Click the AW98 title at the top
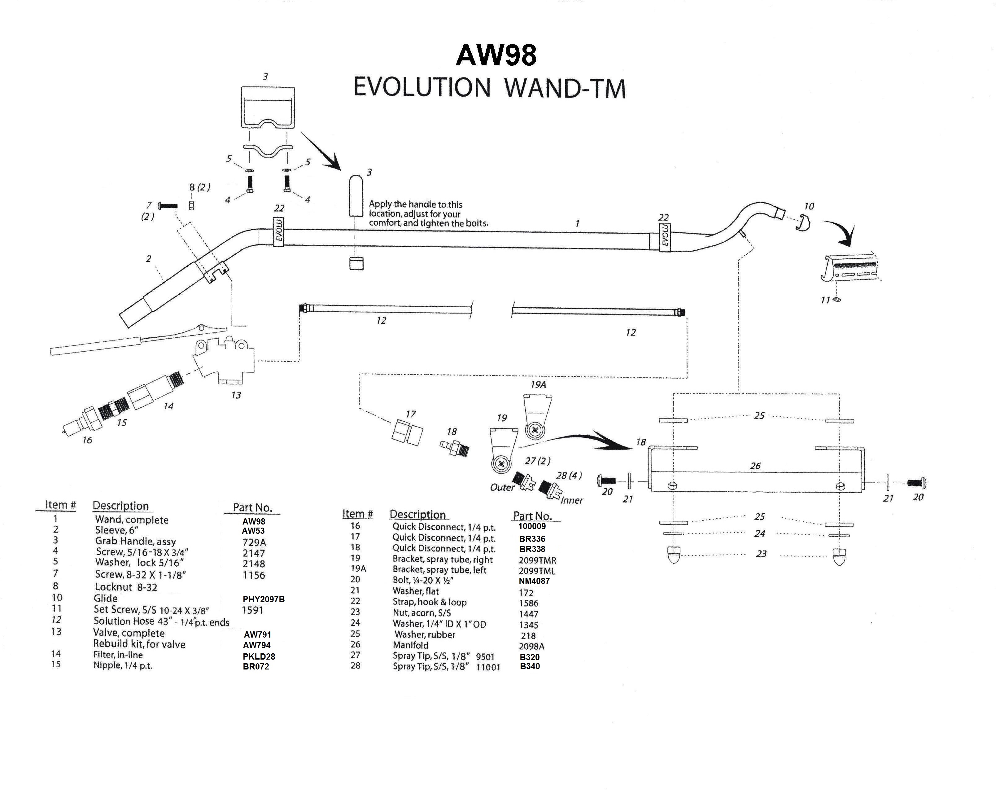496,55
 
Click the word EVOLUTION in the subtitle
421,87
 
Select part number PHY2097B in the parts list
263,599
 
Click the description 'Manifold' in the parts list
410,645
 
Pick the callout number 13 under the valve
236,395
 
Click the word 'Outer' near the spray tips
502,487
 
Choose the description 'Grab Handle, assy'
135,541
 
